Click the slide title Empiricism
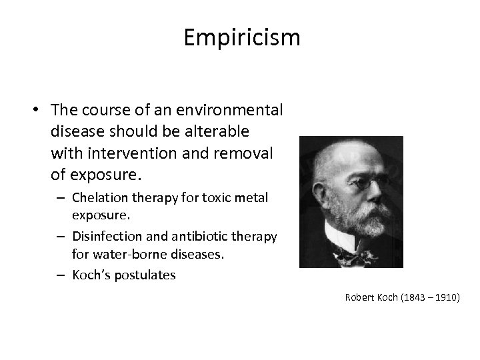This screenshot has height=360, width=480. (242, 38)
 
